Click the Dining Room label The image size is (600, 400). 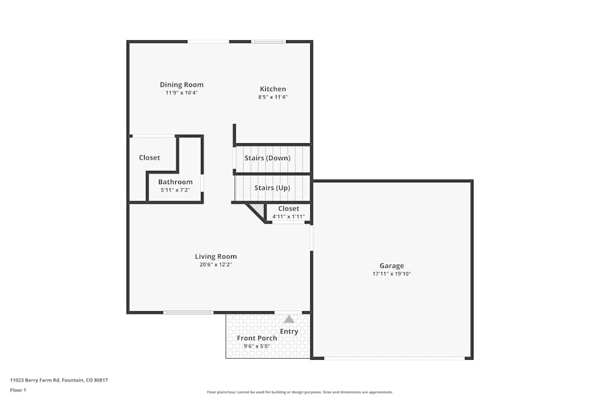181,85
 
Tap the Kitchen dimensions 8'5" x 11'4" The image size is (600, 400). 272,97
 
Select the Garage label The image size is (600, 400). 391,266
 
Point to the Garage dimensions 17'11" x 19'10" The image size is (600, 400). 391,274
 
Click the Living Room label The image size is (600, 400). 215,257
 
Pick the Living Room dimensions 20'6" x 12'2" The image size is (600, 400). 215,264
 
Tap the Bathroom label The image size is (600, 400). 175,182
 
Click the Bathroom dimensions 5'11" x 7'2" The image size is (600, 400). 175,190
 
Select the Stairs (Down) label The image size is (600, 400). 267,158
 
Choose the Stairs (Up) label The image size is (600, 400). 272,188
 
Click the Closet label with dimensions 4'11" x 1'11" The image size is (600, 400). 289,209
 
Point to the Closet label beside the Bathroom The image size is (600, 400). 149,158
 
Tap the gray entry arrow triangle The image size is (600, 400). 289,319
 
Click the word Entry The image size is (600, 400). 289,332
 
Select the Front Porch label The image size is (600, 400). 257,338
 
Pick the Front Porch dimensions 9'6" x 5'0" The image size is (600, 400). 257,346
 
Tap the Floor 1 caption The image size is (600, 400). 18,390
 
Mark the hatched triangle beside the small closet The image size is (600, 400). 258,209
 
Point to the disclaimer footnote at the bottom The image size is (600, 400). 300,392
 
